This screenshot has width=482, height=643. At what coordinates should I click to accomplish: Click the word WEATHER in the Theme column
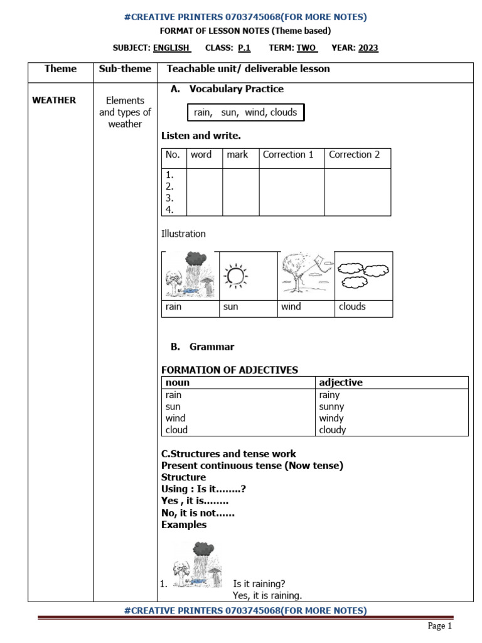coord(54,100)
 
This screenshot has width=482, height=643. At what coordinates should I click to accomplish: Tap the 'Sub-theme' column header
coord(125,69)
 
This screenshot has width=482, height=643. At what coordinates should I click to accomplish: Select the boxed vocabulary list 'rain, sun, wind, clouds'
coord(245,112)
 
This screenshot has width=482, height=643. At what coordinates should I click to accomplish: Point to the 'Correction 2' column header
coord(354,154)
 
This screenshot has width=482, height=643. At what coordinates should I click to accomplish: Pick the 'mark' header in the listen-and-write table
coord(237,154)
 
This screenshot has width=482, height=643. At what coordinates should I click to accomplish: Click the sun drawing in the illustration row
coord(236,275)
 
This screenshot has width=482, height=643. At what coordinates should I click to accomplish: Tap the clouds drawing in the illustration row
coord(363,275)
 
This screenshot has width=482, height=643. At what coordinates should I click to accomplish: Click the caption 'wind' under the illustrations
coord(291,307)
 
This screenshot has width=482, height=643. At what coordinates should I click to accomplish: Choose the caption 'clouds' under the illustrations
coord(352,307)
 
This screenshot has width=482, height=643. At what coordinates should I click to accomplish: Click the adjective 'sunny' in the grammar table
coord(331,407)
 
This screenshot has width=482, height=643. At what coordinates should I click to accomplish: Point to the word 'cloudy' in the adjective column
coord(333,430)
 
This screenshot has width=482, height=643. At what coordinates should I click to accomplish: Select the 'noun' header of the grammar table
coord(178,382)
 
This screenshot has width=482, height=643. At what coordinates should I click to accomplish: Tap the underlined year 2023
coord(368,48)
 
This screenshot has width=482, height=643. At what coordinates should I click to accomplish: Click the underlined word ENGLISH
coord(171,48)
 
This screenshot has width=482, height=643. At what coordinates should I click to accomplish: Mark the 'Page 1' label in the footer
coord(440,625)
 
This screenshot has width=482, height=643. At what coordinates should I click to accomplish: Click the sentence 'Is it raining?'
coord(259,584)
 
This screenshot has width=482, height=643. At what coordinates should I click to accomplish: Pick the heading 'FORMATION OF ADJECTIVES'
coord(230,370)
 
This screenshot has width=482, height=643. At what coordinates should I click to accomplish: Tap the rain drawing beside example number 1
coord(197,565)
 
